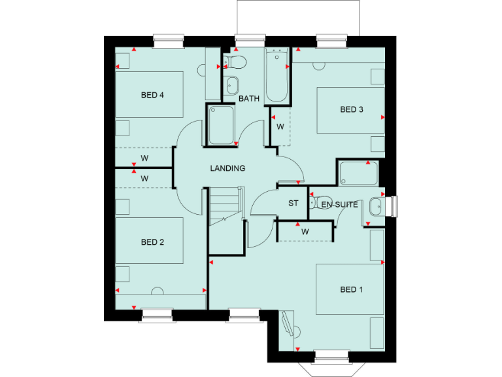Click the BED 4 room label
coord(152,95)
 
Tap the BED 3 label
coord(352,109)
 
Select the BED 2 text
coord(152,242)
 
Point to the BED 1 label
coord(352,289)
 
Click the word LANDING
coord(227,168)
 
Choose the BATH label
coord(249,99)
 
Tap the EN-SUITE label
coord(340,205)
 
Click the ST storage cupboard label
coord(293,204)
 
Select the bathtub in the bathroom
coord(277,75)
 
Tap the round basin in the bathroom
coord(232,84)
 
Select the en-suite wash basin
coord(375,206)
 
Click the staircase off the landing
coord(226,207)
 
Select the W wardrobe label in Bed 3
coord(280,126)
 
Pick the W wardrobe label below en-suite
coord(305,232)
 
